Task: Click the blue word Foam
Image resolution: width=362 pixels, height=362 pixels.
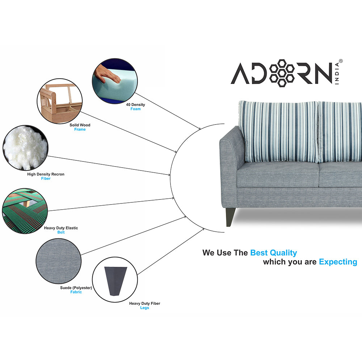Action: pos(135,109)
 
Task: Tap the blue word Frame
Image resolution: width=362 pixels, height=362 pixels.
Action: pos(80,130)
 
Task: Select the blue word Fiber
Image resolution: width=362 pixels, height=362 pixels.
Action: pos(46,178)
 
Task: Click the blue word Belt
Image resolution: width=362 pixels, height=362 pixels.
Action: pos(61,232)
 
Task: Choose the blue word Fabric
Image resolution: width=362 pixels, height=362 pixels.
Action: pos(76,292)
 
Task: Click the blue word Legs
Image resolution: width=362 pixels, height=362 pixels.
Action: pos(144,308)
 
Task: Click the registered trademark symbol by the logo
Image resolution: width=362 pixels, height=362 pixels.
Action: pos(340,62)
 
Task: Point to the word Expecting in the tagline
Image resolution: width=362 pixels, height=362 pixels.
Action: pos(338,262)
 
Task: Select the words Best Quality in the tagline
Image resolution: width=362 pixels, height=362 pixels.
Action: pos(273,253)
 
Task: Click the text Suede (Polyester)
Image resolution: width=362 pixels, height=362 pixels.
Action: pos(76,288)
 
